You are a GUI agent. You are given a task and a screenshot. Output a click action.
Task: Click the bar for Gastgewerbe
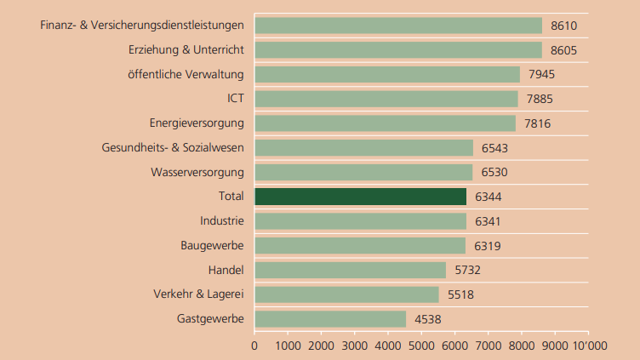tap(330, 319)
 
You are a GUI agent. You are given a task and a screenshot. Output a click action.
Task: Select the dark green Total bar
tap(361, 197)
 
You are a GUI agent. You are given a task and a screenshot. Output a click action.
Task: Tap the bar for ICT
tap(386, 99)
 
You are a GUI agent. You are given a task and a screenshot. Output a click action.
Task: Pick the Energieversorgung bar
tap(385, 123)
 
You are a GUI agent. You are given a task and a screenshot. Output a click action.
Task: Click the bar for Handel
tap(350, 270)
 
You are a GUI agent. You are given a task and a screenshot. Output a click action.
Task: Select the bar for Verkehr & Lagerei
tap(346, 294)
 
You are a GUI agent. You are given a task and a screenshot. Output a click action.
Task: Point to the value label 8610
tap(564, 26)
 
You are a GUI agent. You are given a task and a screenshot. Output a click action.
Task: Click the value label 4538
tap(428, 319)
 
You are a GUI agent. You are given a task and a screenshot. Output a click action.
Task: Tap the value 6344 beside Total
tap(489, 197)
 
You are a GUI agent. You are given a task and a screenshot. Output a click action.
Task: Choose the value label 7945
tap(541, 74)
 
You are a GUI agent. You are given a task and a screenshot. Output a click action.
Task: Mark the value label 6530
tap(494, 172)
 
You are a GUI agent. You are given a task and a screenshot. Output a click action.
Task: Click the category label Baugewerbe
tap(212, 246)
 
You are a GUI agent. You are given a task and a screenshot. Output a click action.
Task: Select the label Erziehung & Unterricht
tap(186, 49)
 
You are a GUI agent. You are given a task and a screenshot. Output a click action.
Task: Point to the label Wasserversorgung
tap(197, 172)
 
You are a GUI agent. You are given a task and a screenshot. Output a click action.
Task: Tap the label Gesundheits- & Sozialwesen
tap(173, 147)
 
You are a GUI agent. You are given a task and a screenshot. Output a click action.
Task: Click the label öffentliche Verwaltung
tap(186, 74)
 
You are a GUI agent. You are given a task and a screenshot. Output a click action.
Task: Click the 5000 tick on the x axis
tap(421, 346)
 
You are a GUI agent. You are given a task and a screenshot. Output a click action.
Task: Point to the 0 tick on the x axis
tap(254, 346)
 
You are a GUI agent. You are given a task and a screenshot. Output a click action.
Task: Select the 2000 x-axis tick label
tap(321, 346)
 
